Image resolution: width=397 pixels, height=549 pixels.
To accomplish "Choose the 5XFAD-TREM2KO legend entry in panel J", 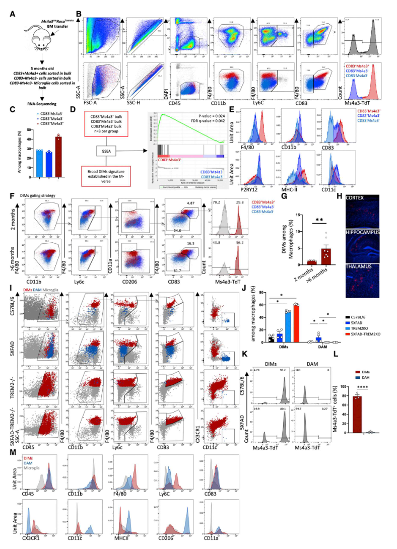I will [x=369, y=333].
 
